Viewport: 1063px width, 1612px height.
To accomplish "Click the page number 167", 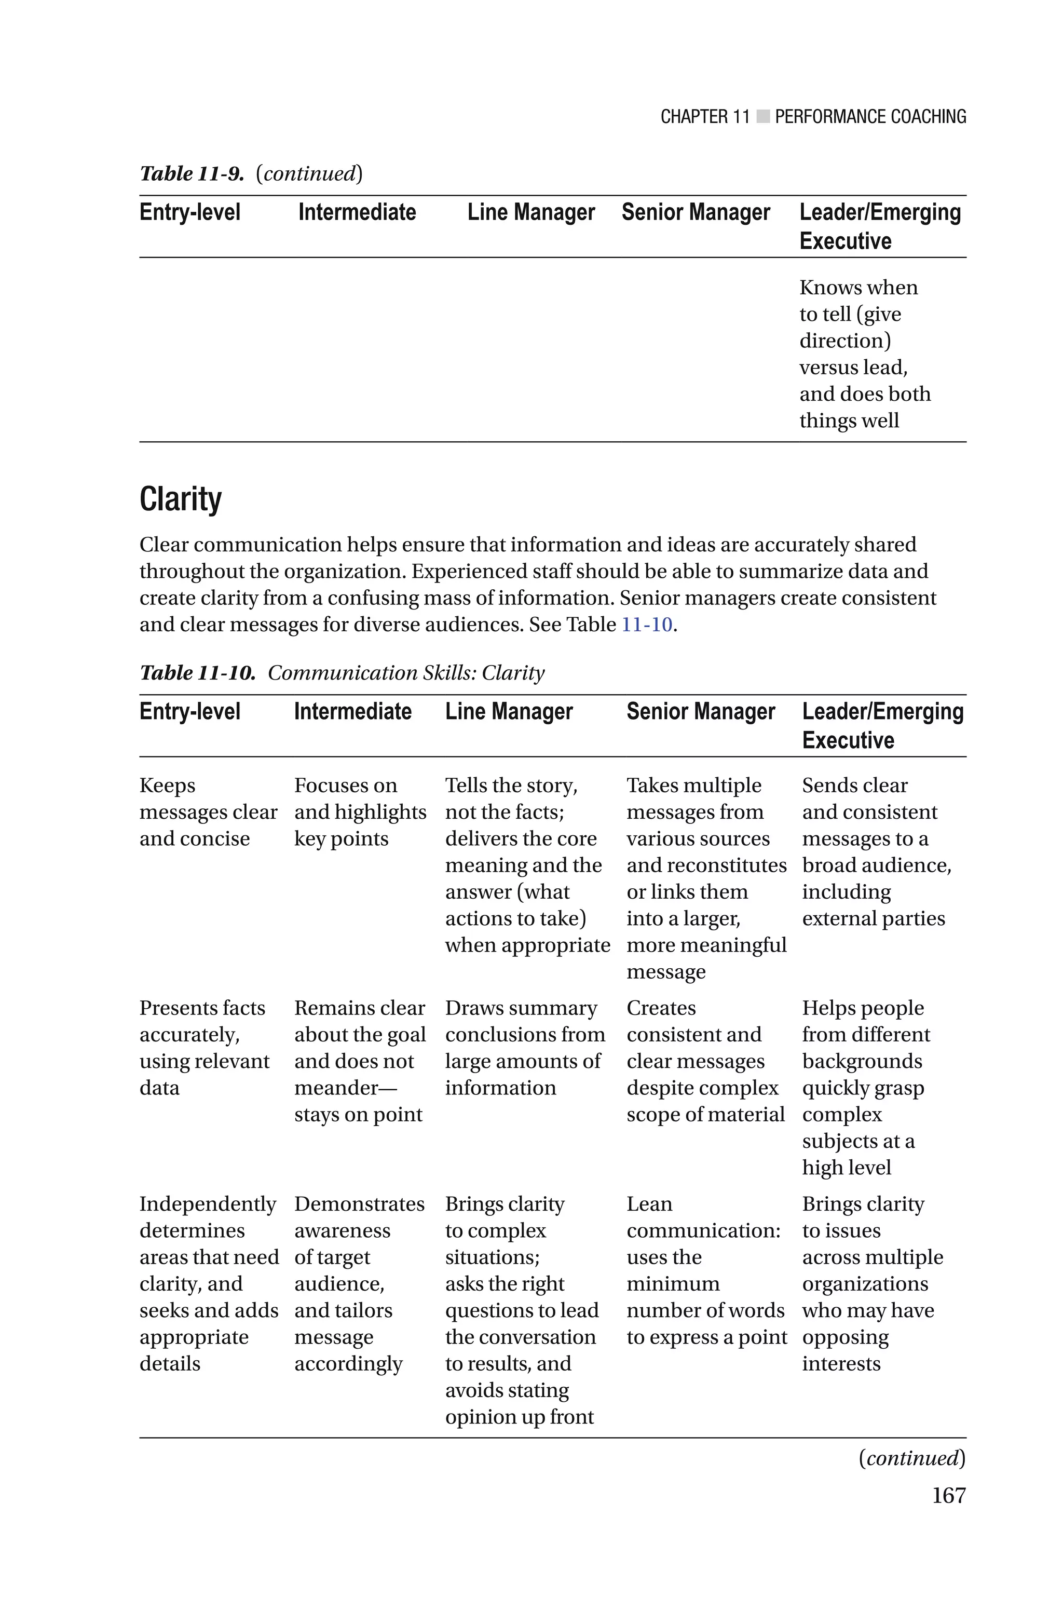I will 948,1495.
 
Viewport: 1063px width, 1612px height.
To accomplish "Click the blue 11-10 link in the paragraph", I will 647,625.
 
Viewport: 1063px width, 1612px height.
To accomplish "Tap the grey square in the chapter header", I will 762,117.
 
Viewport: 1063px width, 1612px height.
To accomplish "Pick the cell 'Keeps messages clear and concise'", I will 208,812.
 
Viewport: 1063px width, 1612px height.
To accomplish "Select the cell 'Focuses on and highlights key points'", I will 359,812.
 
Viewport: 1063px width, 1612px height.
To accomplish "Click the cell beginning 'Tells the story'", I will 526,865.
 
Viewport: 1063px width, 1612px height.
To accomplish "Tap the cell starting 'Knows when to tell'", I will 864,354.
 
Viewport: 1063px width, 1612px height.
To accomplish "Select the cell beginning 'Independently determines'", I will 208,1283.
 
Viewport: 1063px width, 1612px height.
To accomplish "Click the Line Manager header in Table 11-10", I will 509,712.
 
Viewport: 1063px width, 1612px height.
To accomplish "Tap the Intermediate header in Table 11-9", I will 357,212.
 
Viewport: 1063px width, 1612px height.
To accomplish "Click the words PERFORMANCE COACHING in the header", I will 870,117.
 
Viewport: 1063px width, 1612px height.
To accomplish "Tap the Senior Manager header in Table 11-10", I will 700,712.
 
